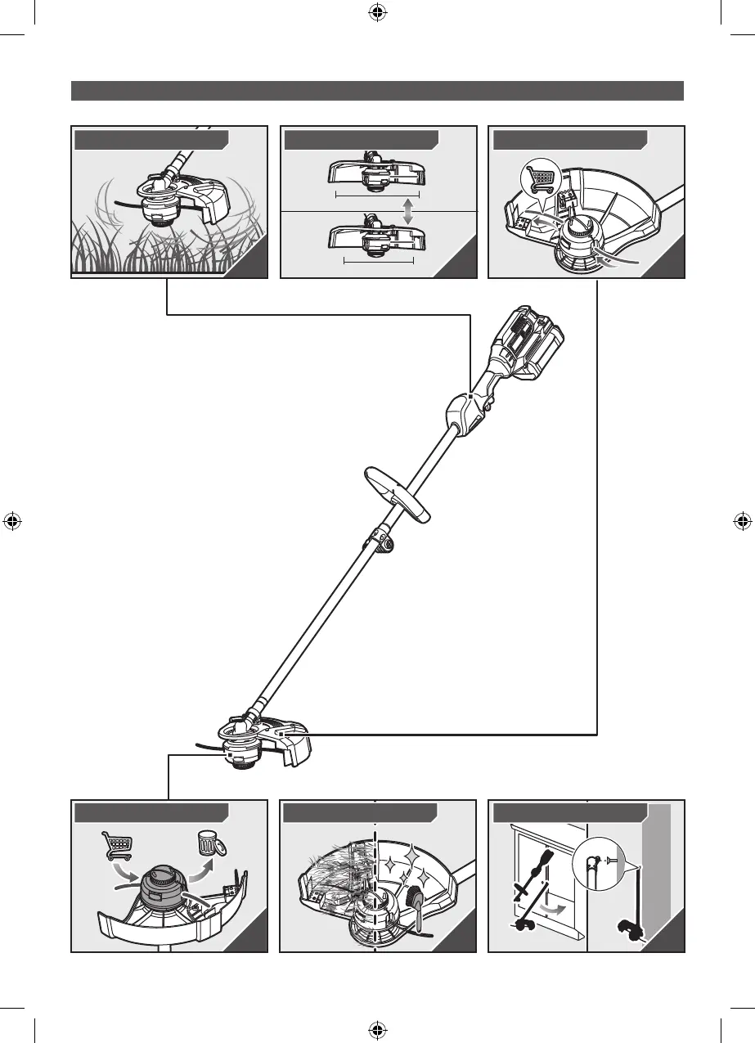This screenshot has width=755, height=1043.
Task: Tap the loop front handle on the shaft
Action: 397,494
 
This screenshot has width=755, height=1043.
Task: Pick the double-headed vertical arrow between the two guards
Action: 407,210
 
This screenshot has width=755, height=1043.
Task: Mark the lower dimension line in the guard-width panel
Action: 379,262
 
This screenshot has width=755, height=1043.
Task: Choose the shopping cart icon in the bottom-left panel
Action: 116,847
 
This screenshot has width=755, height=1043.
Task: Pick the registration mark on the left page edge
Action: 11,521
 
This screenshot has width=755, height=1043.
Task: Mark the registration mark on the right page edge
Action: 743,521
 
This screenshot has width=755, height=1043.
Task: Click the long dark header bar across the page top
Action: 377,90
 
